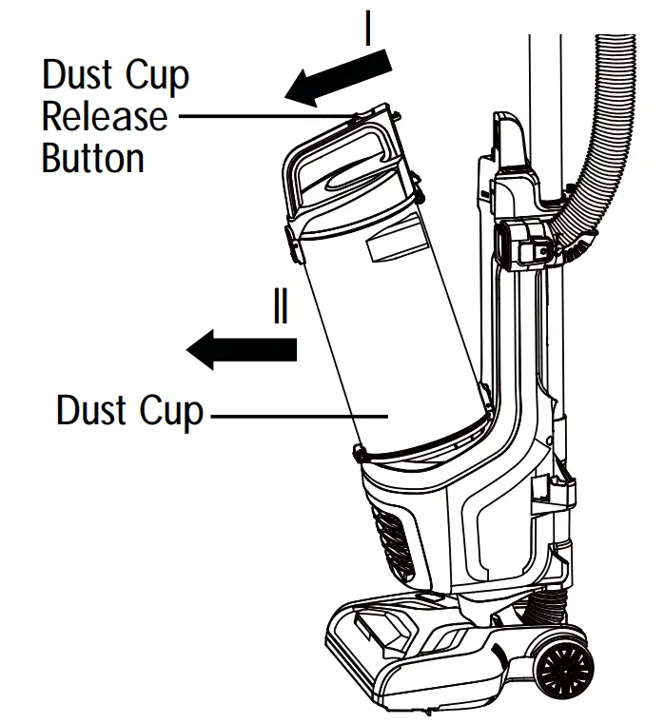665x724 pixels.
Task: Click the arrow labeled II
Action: tap(243, 349)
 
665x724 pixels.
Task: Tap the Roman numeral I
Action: tap(368, 29)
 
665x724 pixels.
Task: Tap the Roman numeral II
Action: tap(281, 309)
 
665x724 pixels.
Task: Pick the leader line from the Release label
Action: tap(262, 117)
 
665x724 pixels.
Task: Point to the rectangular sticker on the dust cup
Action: tap(398, 249)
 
